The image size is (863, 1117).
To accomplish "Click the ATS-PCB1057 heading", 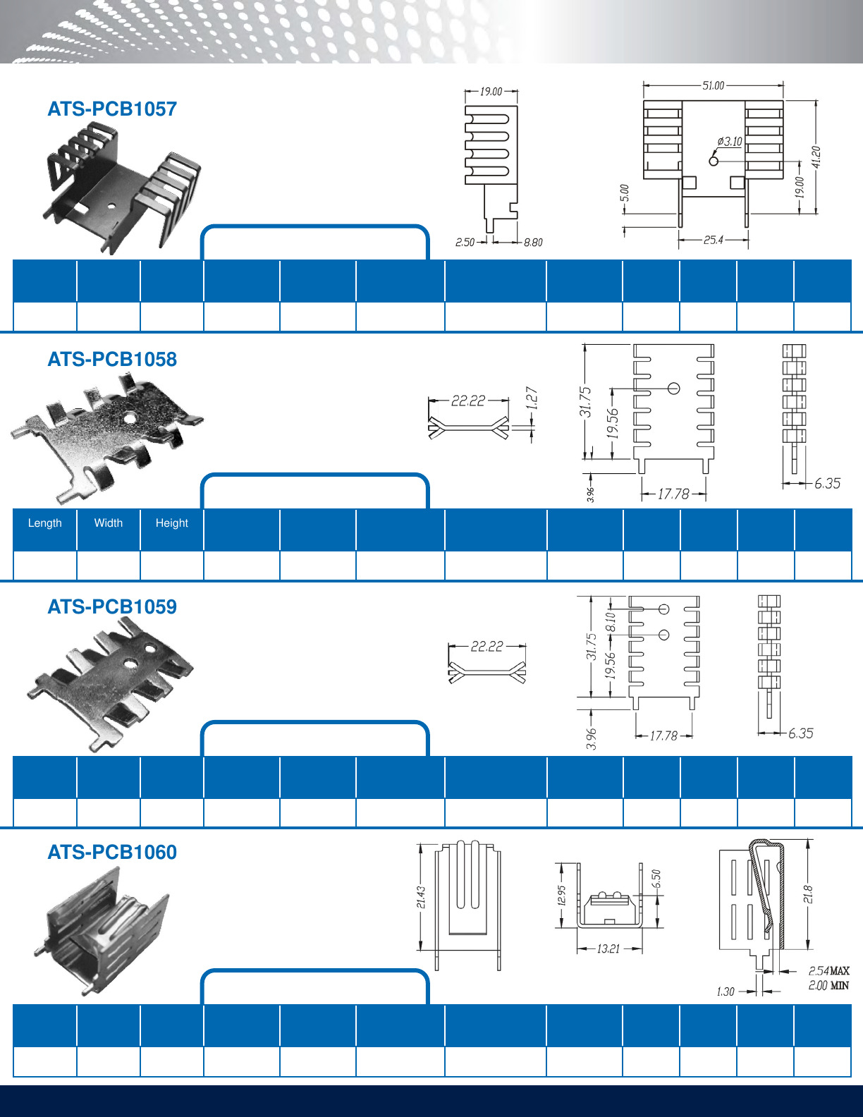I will (x=112, y=109).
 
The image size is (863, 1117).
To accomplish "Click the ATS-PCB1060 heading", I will (x=112, y=853).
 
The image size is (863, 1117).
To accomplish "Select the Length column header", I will (x=44, y=523).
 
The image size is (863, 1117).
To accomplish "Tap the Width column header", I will (x=108, y=523).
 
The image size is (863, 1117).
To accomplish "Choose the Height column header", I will (x=171, y=523).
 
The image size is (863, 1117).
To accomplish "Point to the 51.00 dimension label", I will (x=713, y=85).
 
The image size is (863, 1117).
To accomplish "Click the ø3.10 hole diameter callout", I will (x=730, y=142).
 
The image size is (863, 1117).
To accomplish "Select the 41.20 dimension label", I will (x=816, y=157).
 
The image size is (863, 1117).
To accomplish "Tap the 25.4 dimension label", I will (x=713, y=240).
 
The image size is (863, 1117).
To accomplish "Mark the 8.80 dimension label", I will (x=533, y=243).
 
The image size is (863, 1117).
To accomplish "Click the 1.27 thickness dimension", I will (x=532, y=398).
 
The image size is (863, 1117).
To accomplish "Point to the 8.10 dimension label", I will (x=611, y=622).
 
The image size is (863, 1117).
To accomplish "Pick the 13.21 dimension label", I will (x=608, y=949).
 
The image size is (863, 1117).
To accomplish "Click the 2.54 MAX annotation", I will (x=828, y=971).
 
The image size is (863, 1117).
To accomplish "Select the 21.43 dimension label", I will (x=421, y=898).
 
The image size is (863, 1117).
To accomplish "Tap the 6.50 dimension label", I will (x=656, y=879).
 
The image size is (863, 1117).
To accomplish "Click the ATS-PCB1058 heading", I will (x=112, y=360).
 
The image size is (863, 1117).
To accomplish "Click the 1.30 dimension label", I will (x=725, y=992).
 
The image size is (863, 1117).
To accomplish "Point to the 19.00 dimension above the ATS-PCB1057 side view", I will (x=491, y=92).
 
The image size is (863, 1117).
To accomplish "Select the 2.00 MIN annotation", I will (x=828, y=986).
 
